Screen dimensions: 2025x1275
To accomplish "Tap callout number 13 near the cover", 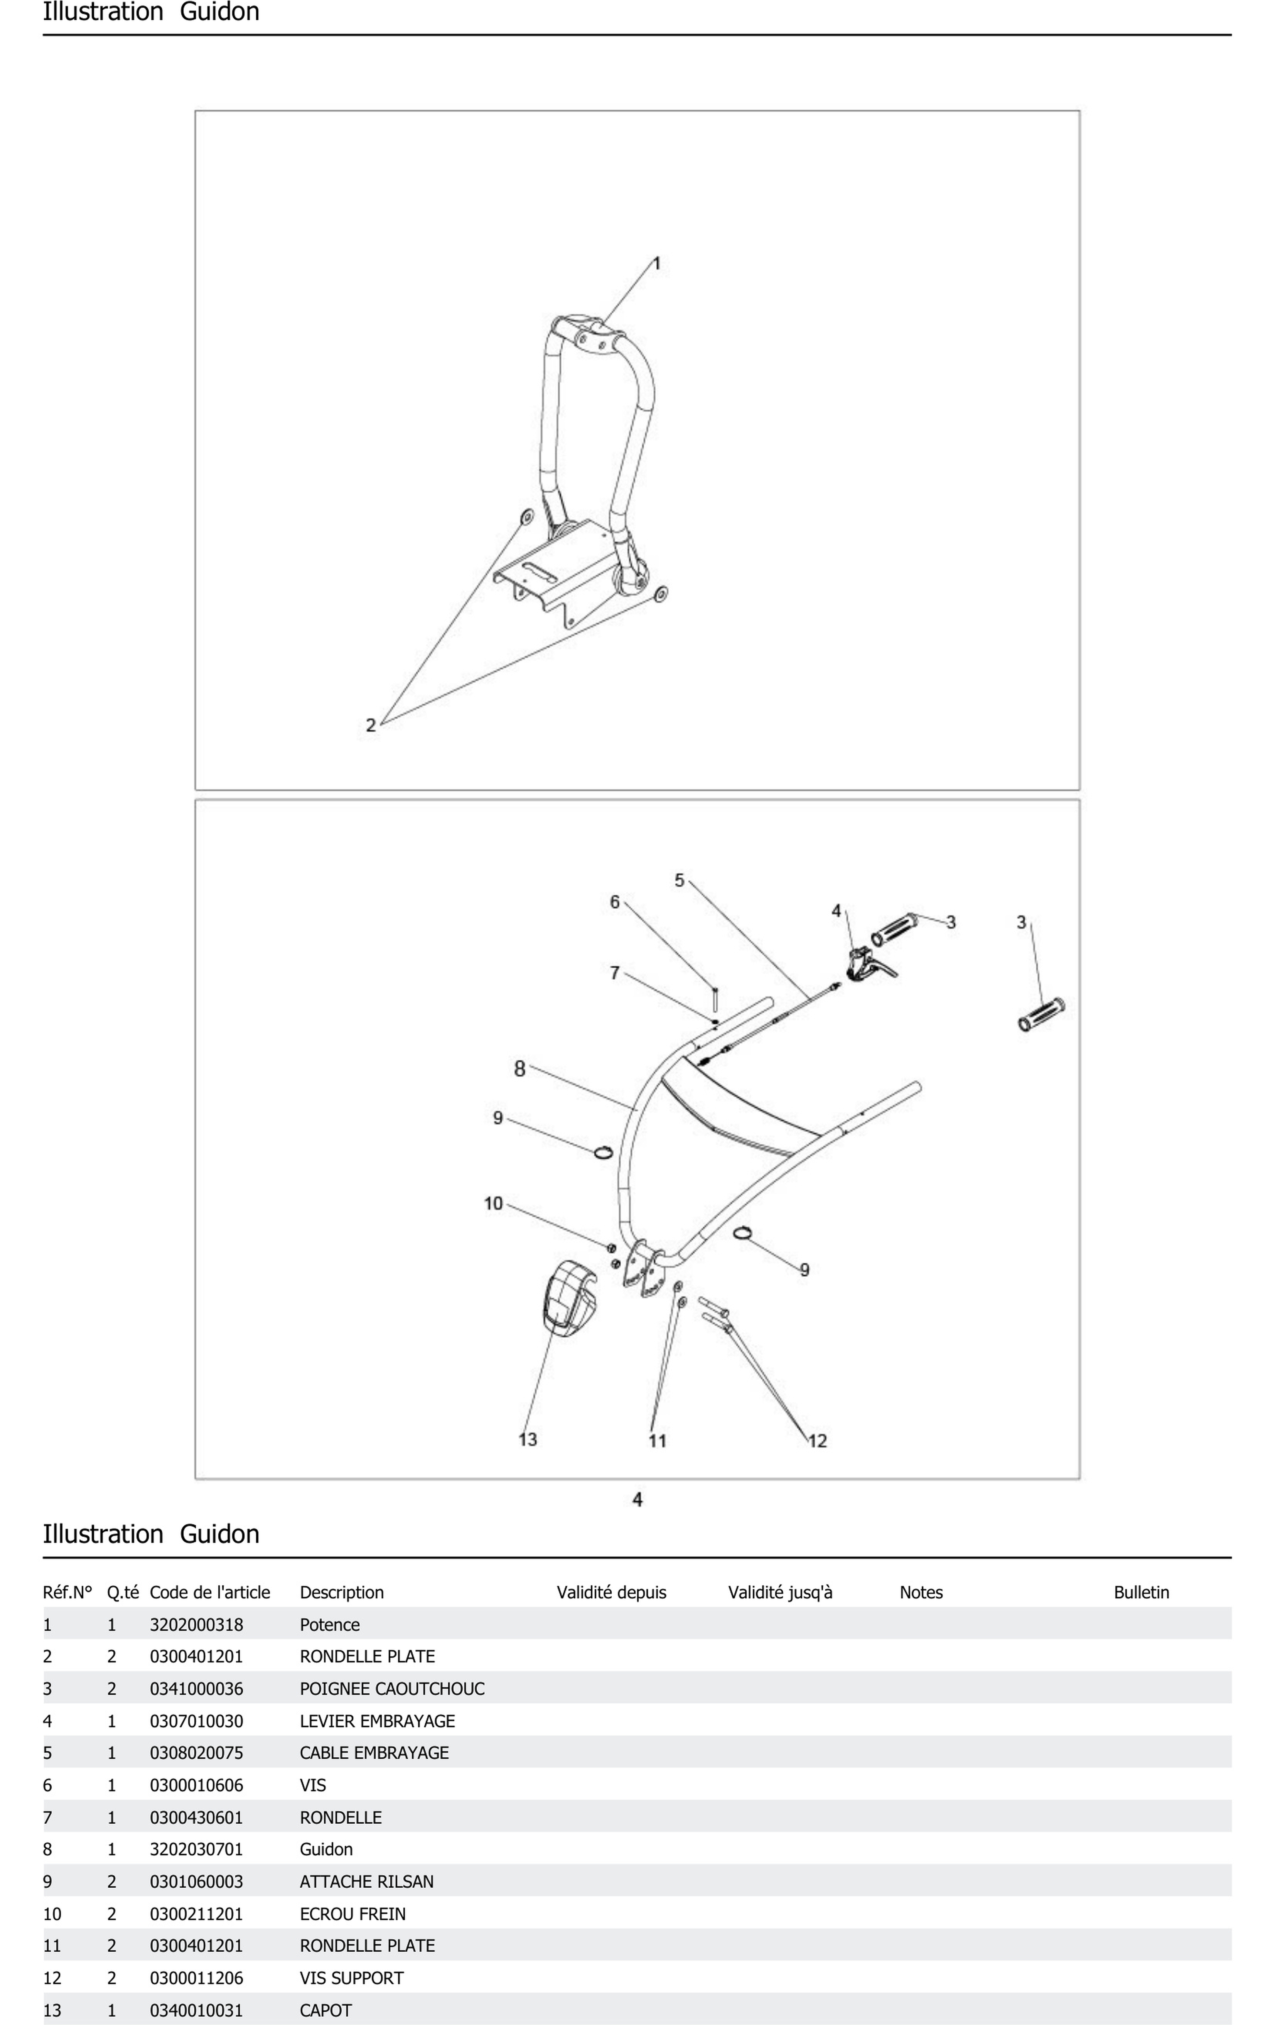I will point(527,1439).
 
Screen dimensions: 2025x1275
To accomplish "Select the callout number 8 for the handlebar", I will point(520,1068).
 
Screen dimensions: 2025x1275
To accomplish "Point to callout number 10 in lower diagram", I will point(493,1203).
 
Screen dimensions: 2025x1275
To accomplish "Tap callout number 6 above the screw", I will point(615,901).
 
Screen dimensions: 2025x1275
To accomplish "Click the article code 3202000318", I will point(196,1625).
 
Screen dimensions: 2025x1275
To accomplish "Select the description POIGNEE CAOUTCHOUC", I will point(392,1689).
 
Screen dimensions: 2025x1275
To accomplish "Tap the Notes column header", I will point(921,1592).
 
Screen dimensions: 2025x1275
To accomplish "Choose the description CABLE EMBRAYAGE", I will point(374,1753).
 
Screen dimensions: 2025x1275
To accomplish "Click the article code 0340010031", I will point(196,2010).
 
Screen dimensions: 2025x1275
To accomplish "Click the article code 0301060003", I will point(196,1881).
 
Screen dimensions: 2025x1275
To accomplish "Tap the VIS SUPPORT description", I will point(352,1978).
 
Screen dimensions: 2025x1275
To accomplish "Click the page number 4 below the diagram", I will point(637,1499).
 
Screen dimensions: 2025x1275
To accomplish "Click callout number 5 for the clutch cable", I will point(680,880).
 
